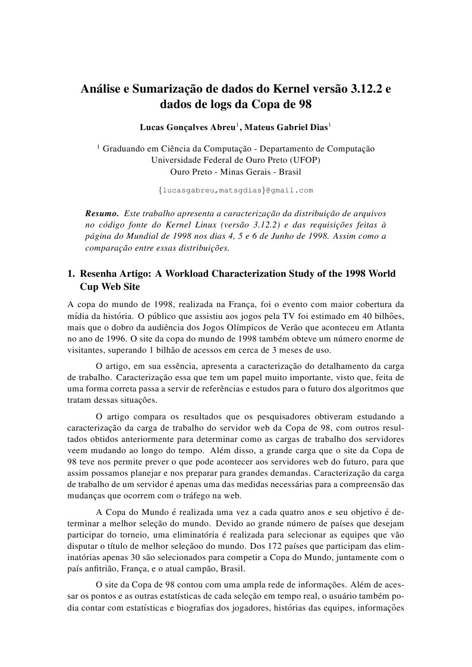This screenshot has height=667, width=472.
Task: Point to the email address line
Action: [x=235, y=190]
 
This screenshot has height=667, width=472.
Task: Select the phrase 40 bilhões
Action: [x=385, y=317]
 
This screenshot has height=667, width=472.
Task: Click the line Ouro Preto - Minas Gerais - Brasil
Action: [x=235, y=172]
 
